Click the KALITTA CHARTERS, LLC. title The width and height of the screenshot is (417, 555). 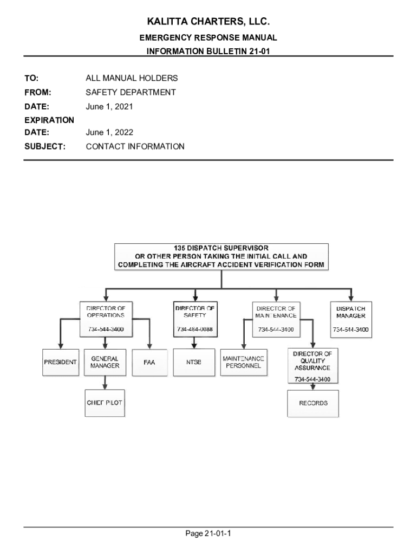click(208, 22)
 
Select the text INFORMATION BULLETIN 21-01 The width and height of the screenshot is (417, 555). click(208, 51)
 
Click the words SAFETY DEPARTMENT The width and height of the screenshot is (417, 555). click(131, 93)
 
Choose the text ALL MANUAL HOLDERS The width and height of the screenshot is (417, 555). click(132, 79)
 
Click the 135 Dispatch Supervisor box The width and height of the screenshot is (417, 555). click(221, 256)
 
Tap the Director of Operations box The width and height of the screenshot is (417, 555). click(106, 319)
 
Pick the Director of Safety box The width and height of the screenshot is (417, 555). click(194, 319)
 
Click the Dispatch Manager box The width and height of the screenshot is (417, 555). click(351, 319)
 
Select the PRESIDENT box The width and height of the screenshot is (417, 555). click(60, 363)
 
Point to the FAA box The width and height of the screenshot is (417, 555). click(149, 363)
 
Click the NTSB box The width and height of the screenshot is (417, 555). click(194, 363)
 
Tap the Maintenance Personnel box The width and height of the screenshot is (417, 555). click(243, 363)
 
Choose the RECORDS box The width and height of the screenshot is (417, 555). click(313, 403)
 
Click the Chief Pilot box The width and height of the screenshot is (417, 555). click(105, 403)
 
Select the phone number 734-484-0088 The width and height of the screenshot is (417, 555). click(194, 330)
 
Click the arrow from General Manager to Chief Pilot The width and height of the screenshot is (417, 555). click(105, 383)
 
